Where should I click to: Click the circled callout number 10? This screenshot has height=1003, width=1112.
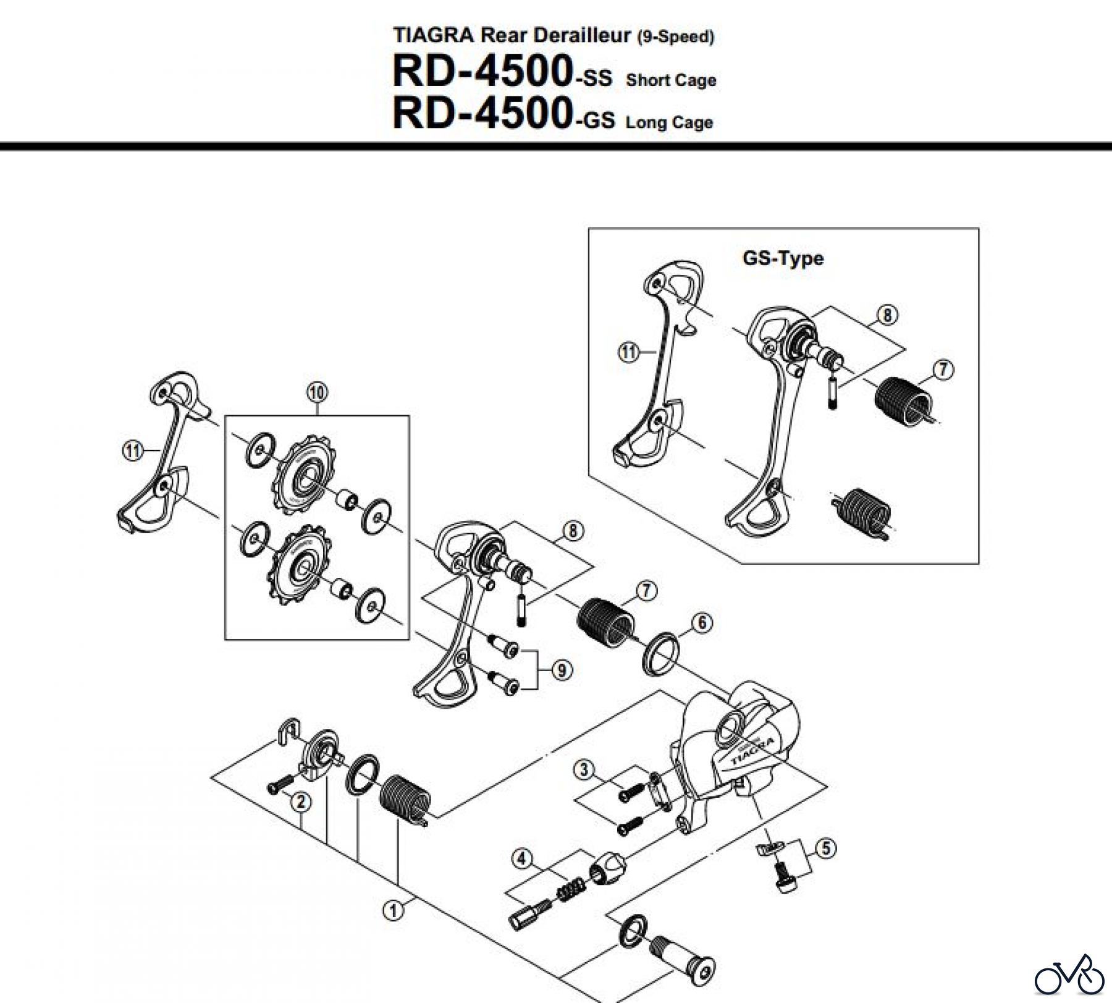(317, 392)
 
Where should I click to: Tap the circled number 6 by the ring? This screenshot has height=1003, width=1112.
(702, 622)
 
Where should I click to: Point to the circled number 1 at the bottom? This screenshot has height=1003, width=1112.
(393, 910)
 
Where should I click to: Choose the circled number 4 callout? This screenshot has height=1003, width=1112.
(522, 858)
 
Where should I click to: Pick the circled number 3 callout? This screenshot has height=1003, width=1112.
(584, 770)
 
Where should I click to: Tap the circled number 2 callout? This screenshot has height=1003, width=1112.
(301, 802)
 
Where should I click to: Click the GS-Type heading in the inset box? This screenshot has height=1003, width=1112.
(783, 258)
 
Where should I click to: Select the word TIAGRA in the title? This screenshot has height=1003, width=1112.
(434, 35)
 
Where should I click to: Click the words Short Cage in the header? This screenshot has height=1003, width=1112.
(671, 80)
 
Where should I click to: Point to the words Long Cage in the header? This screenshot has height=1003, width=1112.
(669, 122)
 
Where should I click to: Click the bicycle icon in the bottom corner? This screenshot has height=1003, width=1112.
(1069, 975)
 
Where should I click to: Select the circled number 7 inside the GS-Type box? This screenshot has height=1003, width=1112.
(943, 370)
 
